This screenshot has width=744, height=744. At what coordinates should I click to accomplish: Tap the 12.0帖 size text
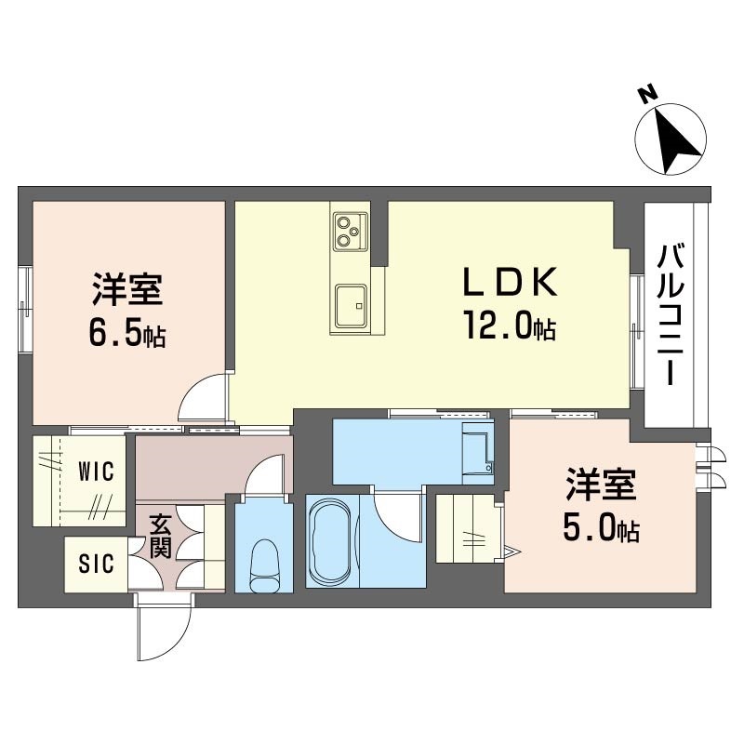(510, 325)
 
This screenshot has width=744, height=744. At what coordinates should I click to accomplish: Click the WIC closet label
(97, 472)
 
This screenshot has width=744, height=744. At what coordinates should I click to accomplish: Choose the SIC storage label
(97, 564)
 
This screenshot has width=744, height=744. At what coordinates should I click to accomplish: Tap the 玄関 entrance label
(160, 536)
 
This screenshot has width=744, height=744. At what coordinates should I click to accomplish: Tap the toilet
(264, 567)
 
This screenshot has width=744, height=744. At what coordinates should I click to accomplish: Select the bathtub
(331, 540)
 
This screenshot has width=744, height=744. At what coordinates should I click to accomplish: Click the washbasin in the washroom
(478, 453)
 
